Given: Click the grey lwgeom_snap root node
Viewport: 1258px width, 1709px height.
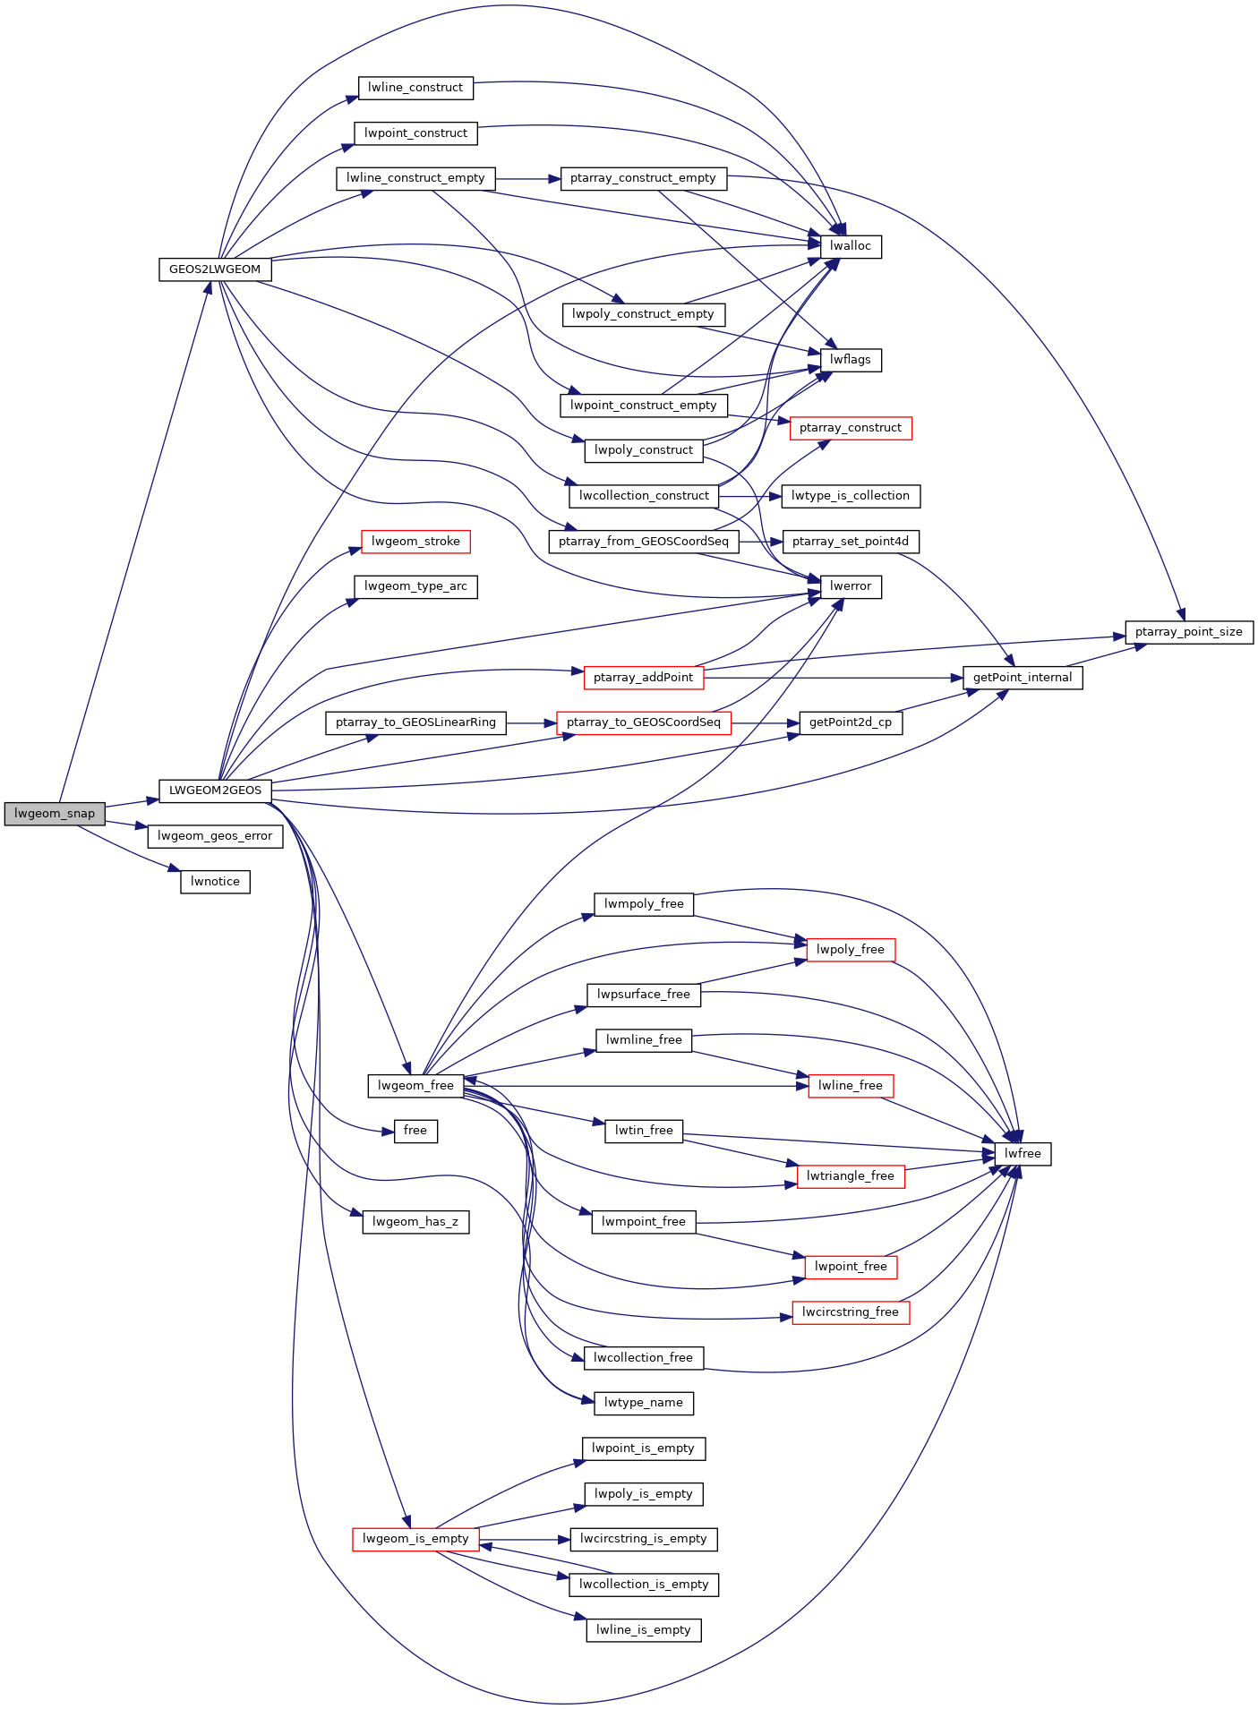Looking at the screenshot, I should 55,814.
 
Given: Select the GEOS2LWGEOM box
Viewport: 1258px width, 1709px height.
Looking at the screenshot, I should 215,269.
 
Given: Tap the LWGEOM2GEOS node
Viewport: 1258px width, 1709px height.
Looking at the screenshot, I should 215,790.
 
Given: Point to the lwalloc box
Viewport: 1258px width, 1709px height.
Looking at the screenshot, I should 851,246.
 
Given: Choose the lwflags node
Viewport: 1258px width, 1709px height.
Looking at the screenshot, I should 851,360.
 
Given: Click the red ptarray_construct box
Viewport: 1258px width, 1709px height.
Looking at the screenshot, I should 851,428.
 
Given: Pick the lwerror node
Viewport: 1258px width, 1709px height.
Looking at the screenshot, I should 851,586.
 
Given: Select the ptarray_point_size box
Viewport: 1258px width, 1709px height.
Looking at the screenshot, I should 1188,632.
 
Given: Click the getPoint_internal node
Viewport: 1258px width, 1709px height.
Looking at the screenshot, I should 1023,678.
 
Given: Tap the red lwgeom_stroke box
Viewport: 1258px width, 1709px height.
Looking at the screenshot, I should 415,542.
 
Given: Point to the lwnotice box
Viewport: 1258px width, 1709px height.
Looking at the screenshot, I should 215,882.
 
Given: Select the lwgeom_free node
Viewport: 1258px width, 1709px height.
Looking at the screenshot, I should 415,1086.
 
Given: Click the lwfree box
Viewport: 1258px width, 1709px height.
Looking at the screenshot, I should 1023,1154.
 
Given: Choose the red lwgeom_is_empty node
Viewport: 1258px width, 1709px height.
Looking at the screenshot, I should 415,1539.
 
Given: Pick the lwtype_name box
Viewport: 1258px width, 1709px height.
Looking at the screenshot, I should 643,1403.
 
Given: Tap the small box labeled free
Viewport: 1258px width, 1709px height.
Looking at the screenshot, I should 415,1131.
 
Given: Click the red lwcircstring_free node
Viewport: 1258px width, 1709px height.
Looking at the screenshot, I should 851,1312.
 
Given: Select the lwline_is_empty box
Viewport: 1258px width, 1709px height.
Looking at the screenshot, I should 643,1630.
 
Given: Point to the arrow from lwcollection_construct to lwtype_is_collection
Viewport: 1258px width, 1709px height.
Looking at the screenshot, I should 750,496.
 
